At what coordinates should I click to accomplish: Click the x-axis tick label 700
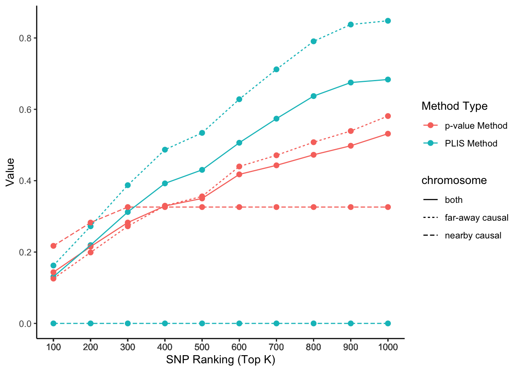point(276,347)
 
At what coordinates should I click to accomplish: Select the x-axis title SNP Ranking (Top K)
point(221,360)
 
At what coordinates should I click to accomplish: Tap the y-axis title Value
point(10,172)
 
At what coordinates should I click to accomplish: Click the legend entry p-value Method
point(476,126)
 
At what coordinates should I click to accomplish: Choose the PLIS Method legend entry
point(471,143)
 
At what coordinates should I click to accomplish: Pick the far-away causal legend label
point(476,218)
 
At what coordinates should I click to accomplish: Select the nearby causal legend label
point(473,236)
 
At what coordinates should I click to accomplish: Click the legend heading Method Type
point(454,106)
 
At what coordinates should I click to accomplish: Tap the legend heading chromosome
point(454,180)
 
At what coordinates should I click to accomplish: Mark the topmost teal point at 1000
point(388,21)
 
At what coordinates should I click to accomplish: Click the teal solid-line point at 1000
point(388,80)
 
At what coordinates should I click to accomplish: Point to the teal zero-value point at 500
point(202,323)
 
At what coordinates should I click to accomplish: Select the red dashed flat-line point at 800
point(313,207)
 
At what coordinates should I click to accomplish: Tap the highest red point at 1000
point(388,116)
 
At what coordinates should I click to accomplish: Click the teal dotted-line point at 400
point(165,150)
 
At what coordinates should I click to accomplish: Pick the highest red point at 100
point(53,246)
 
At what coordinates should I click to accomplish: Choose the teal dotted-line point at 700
point(276,70)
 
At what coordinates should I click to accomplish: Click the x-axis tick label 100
point(53,347)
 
